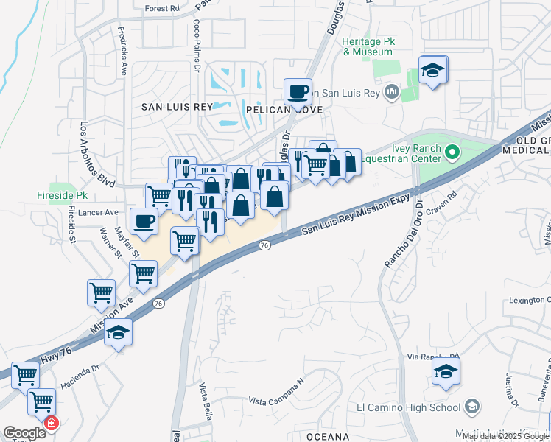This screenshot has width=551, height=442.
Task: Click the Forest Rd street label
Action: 162,9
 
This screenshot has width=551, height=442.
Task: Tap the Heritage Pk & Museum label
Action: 368,47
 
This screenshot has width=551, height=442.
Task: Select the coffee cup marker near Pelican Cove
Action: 298,93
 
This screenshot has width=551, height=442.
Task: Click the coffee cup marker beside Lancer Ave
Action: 144,220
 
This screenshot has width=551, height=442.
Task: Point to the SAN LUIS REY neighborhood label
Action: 177,107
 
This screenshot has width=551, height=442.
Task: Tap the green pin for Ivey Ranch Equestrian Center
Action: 453,153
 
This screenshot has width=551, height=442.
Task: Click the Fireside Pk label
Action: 63,196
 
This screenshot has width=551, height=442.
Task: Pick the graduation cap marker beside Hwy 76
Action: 117,333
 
